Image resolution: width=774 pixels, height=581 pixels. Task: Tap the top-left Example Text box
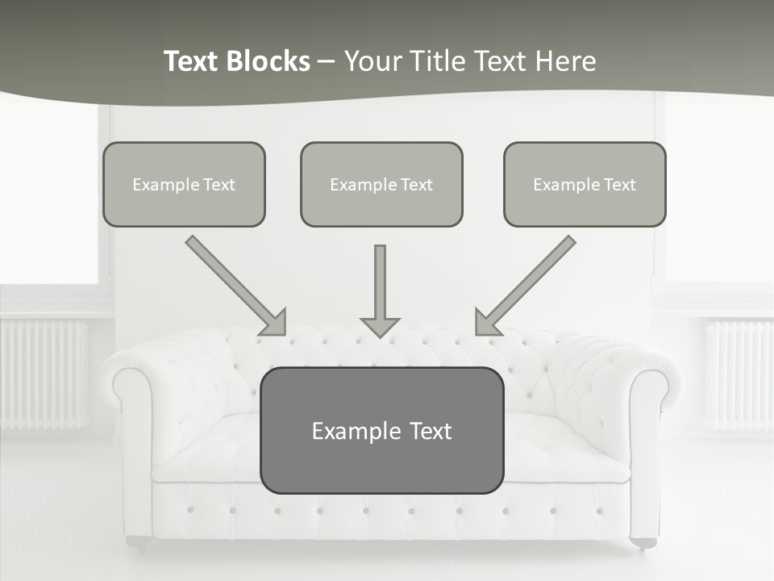coord(184,184)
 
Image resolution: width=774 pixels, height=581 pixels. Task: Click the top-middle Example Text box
coord(381,184)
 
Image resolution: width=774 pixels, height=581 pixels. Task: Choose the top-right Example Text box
coord(585,184)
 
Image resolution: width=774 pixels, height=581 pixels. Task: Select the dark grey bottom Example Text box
coord(381,430)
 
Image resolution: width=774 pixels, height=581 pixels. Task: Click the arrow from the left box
coord(235,285)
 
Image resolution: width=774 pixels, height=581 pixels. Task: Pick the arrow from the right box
coord(526,285)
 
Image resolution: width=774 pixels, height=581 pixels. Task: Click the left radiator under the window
coord(44,374)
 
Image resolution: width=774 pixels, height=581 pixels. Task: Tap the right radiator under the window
coord(737,374)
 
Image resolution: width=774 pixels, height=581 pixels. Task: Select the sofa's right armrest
coord(645,420)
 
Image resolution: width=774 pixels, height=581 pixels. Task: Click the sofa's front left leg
coord(138,542)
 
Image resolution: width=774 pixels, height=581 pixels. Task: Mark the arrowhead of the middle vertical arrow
coord(380,327)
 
